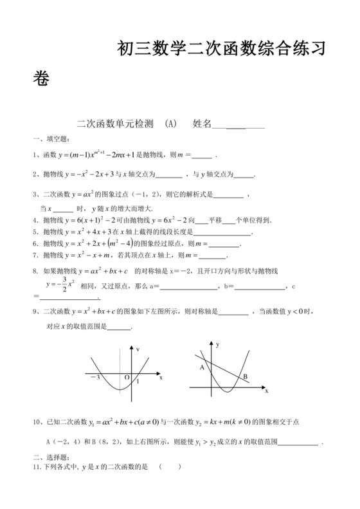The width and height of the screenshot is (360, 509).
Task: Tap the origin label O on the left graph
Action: tap(127, 378)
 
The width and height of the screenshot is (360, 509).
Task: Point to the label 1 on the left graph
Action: tap(138, 382)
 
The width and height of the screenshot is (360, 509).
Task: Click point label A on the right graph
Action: tap(202, 367)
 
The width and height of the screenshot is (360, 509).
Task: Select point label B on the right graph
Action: tap(245, 377)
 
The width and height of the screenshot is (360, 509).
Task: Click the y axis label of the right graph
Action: tap(218, 346)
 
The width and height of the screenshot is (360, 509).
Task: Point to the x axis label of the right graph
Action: tap(265, 391)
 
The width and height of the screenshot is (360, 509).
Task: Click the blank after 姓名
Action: tap(238, 125)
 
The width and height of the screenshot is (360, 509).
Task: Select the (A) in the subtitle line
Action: tap(170, 125)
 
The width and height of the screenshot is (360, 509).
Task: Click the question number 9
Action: tap(34, 312)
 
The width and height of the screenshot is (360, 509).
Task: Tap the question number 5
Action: tap(34, 232)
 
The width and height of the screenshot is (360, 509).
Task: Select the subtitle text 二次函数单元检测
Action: tap(114, 125)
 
